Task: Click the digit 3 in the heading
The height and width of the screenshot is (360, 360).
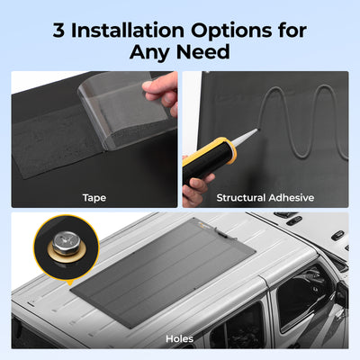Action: click(x=58, y=31)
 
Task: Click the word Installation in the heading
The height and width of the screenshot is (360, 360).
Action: click(x=128, y=31)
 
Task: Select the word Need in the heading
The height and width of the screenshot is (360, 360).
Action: click(x=203, y=52)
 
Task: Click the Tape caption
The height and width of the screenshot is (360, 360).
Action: click(x=94, y=198)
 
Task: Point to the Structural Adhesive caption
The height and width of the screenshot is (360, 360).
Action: click(x=265, y=198)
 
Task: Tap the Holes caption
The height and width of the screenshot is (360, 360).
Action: click(x=179, y=338)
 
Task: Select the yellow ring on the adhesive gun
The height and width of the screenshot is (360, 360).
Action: click(x=228, y=149)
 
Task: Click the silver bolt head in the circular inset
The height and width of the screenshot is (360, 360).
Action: click(x=67, y=243)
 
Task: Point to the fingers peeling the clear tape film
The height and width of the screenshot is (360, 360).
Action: click(x=160, y=92)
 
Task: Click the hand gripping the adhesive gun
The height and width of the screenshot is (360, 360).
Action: click(x=195, y=186)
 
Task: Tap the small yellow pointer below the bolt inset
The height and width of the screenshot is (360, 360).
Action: click(x=70, y=283)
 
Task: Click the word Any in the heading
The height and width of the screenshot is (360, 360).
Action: click(x=150, y=53)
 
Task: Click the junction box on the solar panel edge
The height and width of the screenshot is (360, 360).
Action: click(x=221, y=232)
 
